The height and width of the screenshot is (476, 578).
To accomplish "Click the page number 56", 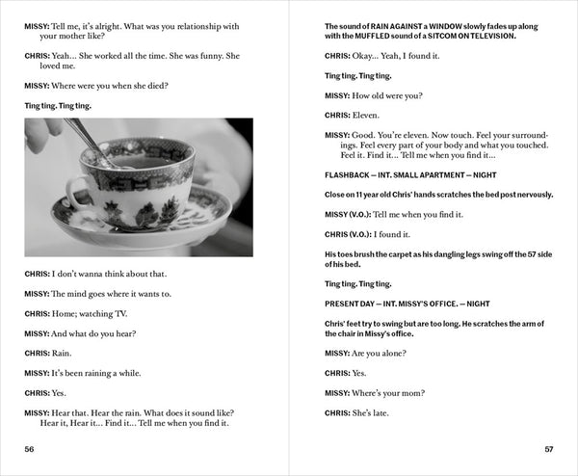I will pyautogui.click(x=31, y=449).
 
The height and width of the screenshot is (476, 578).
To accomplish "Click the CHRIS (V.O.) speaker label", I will pyautogui.click(x=352, y=234).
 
